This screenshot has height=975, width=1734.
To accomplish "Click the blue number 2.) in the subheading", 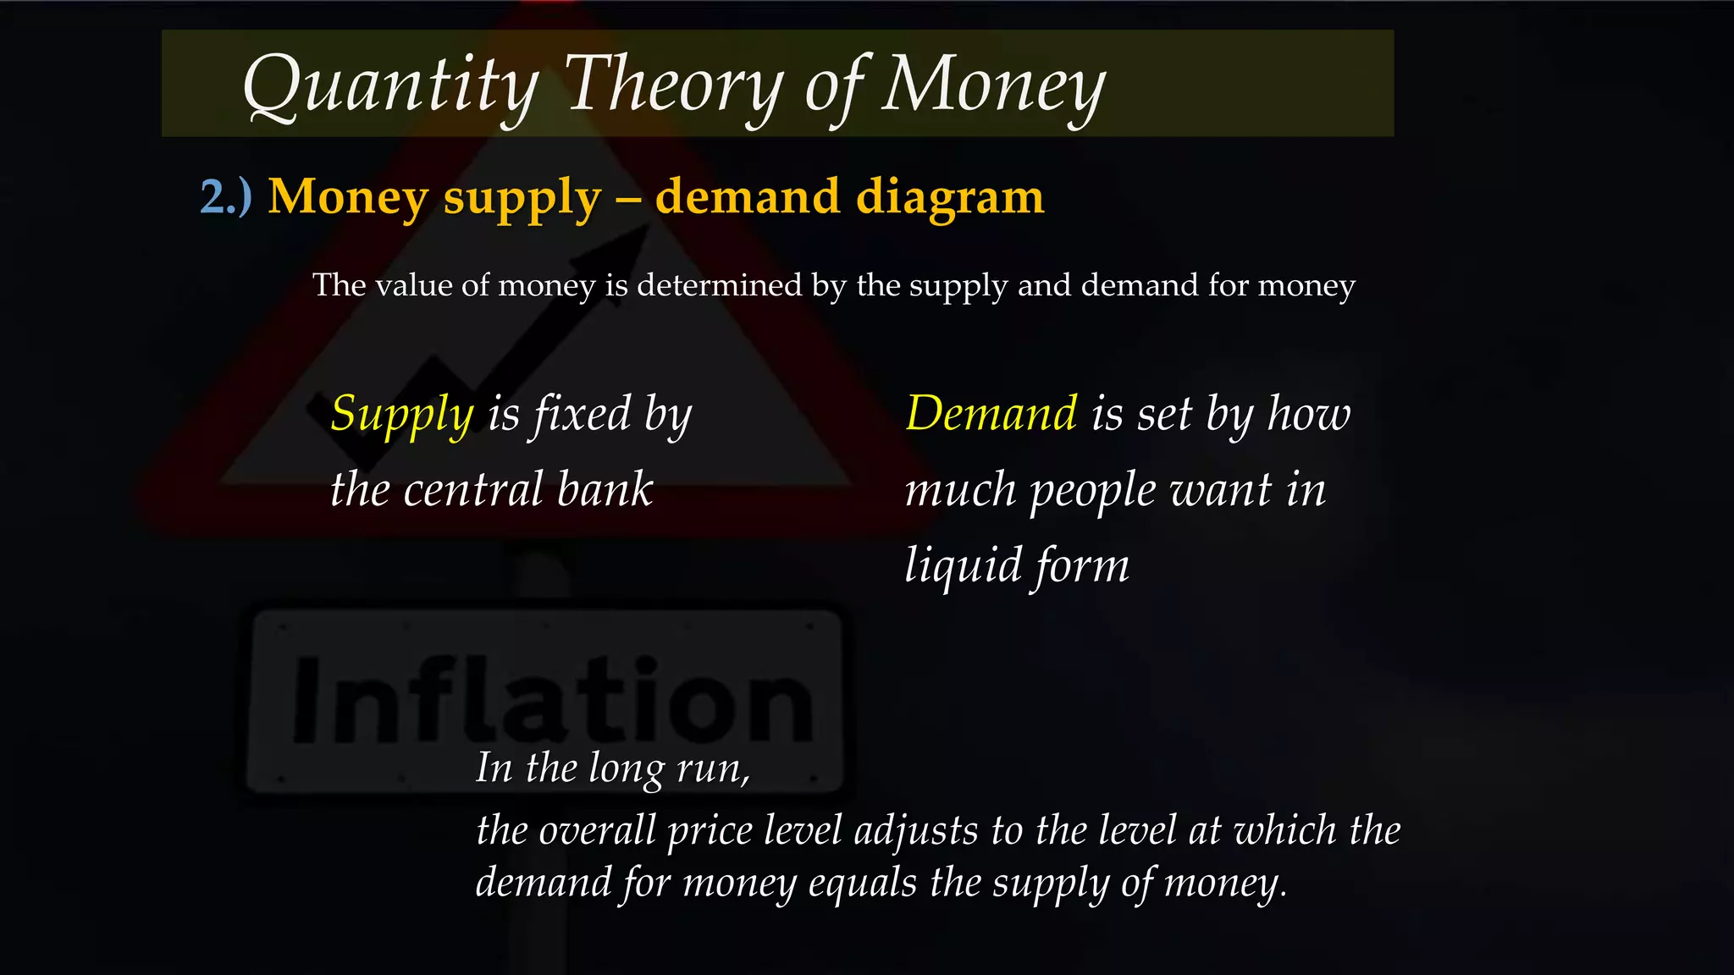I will coord(226,196).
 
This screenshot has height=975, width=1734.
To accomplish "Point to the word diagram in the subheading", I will coord(950,198).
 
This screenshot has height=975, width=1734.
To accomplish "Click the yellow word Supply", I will coord(401,415).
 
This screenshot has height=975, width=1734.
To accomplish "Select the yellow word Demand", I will coord(991,414).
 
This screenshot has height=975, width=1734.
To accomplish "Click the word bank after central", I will coord(605,490).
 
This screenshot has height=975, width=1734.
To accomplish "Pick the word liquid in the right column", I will coord(963,565).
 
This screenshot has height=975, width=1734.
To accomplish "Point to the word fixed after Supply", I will coord(582,415).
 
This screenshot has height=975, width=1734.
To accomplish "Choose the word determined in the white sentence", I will coord(719,285).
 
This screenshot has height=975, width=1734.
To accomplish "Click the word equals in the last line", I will coord(862,883).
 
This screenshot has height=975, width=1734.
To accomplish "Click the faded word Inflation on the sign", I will coord(552,701).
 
